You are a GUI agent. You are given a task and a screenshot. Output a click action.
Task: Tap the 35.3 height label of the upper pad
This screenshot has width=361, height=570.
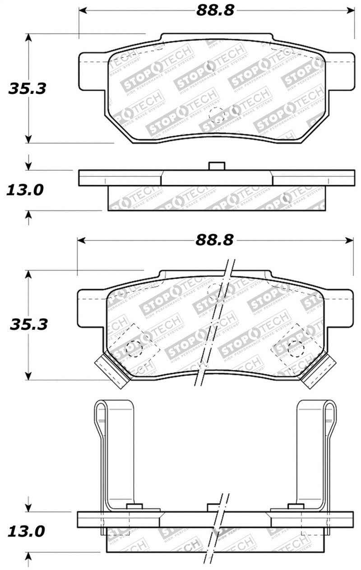pyautogui.click(x=27, y=88)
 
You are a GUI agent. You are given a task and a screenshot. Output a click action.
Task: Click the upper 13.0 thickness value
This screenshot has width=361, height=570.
pyautogui.click(x=24, y=190)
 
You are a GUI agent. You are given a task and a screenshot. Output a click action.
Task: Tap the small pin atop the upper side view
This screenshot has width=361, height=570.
pyautogui.click(x=217, y=166)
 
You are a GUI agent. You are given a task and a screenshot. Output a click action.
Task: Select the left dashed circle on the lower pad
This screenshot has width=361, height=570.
pyautogui.click(x=134, y=348)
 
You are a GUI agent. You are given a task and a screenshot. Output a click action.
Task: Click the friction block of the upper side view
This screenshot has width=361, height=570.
pyautogui.click(x=217, y=199)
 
